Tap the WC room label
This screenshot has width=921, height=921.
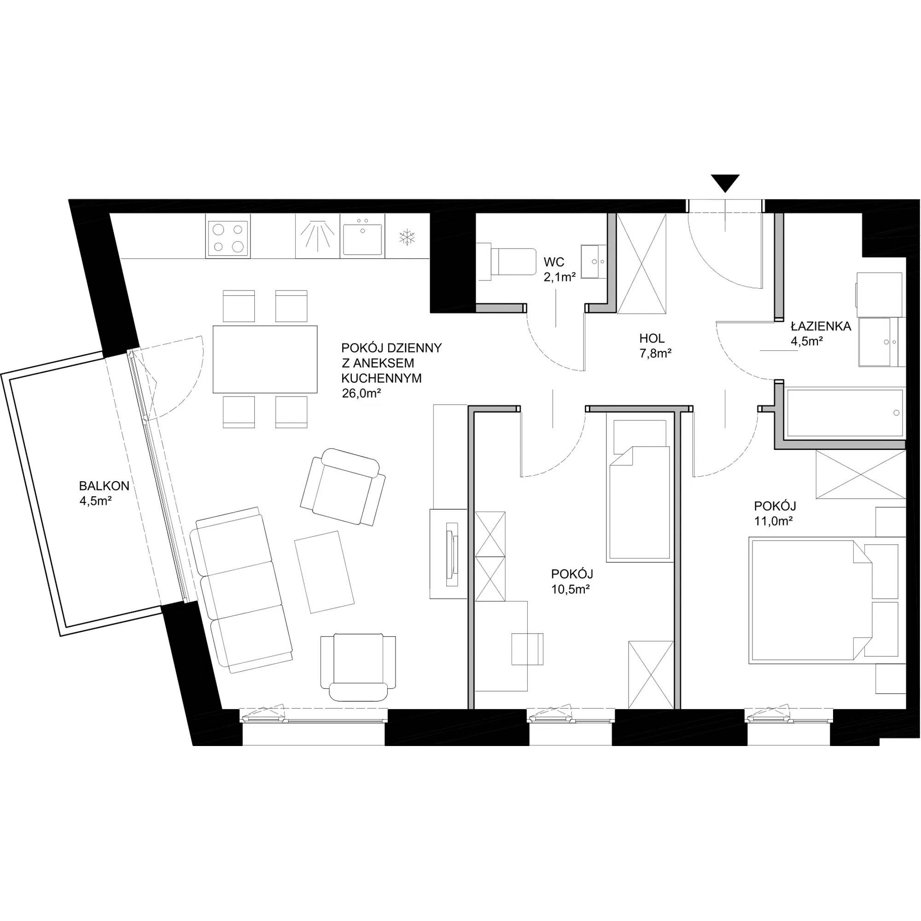(x=554, y=262)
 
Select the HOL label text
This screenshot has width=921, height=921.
(x=652, y=338)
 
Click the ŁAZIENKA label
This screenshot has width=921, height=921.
(x=821, y=326)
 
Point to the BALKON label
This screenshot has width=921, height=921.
(x=104, y=486)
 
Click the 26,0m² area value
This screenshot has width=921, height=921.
(x=361, y=393)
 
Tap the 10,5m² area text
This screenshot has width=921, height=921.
(x=571, y=589)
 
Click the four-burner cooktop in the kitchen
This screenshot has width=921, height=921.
(x=228, y=236)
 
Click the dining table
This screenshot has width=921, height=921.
(x=265, y=359)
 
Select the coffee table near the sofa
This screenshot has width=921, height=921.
(x=325, y=571)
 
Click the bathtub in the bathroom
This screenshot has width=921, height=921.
(x=844, y=413)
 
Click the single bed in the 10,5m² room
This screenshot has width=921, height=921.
(x=639, y=490)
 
